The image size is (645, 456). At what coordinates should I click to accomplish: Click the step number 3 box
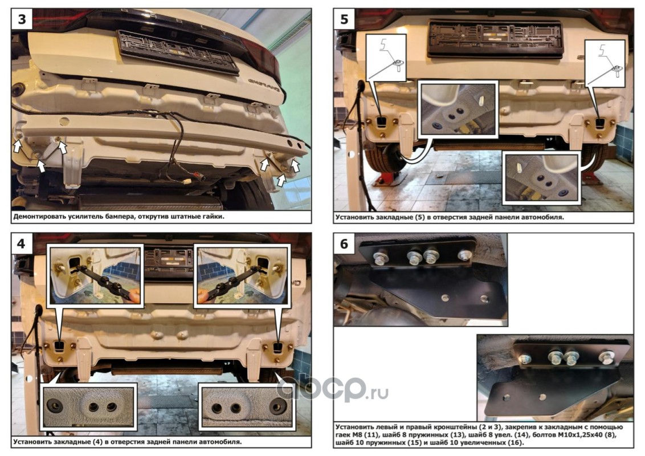pyautogui.click(x=22, y=19)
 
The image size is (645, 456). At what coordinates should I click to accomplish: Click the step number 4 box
pyautogui.click(x=22, y=243)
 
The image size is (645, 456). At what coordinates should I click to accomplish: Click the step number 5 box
pyautogui.click(x=344, y=19)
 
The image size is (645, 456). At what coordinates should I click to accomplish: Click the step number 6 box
pyautogui.click(x=344, y=243)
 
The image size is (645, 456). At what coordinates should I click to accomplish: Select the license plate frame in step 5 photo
pyautogui.click(x=495, y=39)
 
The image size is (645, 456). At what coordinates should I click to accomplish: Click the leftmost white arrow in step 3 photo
pyautogui.click(x=17, y=145)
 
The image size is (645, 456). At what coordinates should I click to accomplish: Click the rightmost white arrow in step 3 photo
pyautogui.click(x=295, y=165)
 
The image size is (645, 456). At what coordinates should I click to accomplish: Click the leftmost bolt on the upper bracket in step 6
pyautogui.click(x=379, y=258)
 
